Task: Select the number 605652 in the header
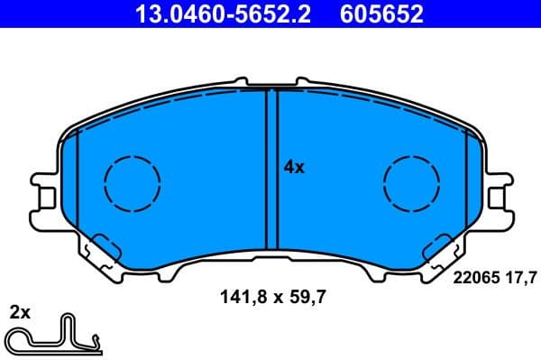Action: (380, 14)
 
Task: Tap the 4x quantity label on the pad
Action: (294, 167)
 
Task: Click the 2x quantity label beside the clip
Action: (20, 313)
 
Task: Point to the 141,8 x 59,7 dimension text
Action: (270, 294)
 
